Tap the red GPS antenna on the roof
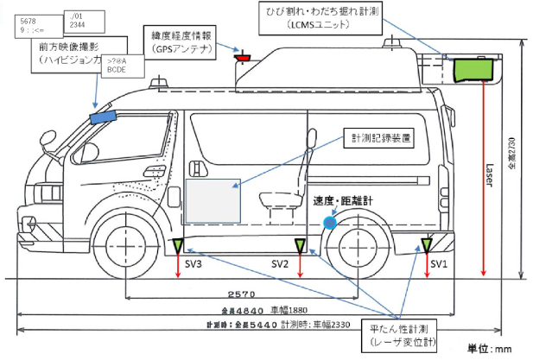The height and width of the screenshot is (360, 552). pyautogui.click(x=244, y=58)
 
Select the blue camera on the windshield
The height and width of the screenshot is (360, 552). pyautogui.click(x=103, y=115)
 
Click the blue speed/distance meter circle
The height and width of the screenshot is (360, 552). pyautogui.click(x=330, y=223)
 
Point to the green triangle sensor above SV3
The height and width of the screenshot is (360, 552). pyautogui.click(x=178, y=246)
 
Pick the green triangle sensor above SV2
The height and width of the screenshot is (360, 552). pyautogui.click(x=300, y=246)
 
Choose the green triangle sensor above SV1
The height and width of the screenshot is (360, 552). pyautogui.click(x=425, y=246)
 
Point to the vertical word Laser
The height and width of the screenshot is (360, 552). pyautogui.click(x=488, y=178)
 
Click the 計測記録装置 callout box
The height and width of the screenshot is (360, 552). pyautogui.click(x=377, y=138)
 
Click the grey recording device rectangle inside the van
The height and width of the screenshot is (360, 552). pyautogui.click(x=213, y=199)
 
